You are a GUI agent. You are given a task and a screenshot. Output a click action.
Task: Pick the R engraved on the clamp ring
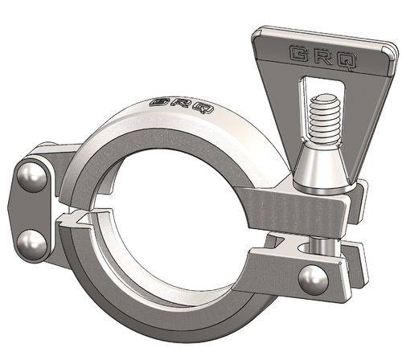182,104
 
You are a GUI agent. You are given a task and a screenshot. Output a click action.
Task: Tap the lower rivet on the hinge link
31,242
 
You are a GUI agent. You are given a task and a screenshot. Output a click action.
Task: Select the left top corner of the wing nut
260,33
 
